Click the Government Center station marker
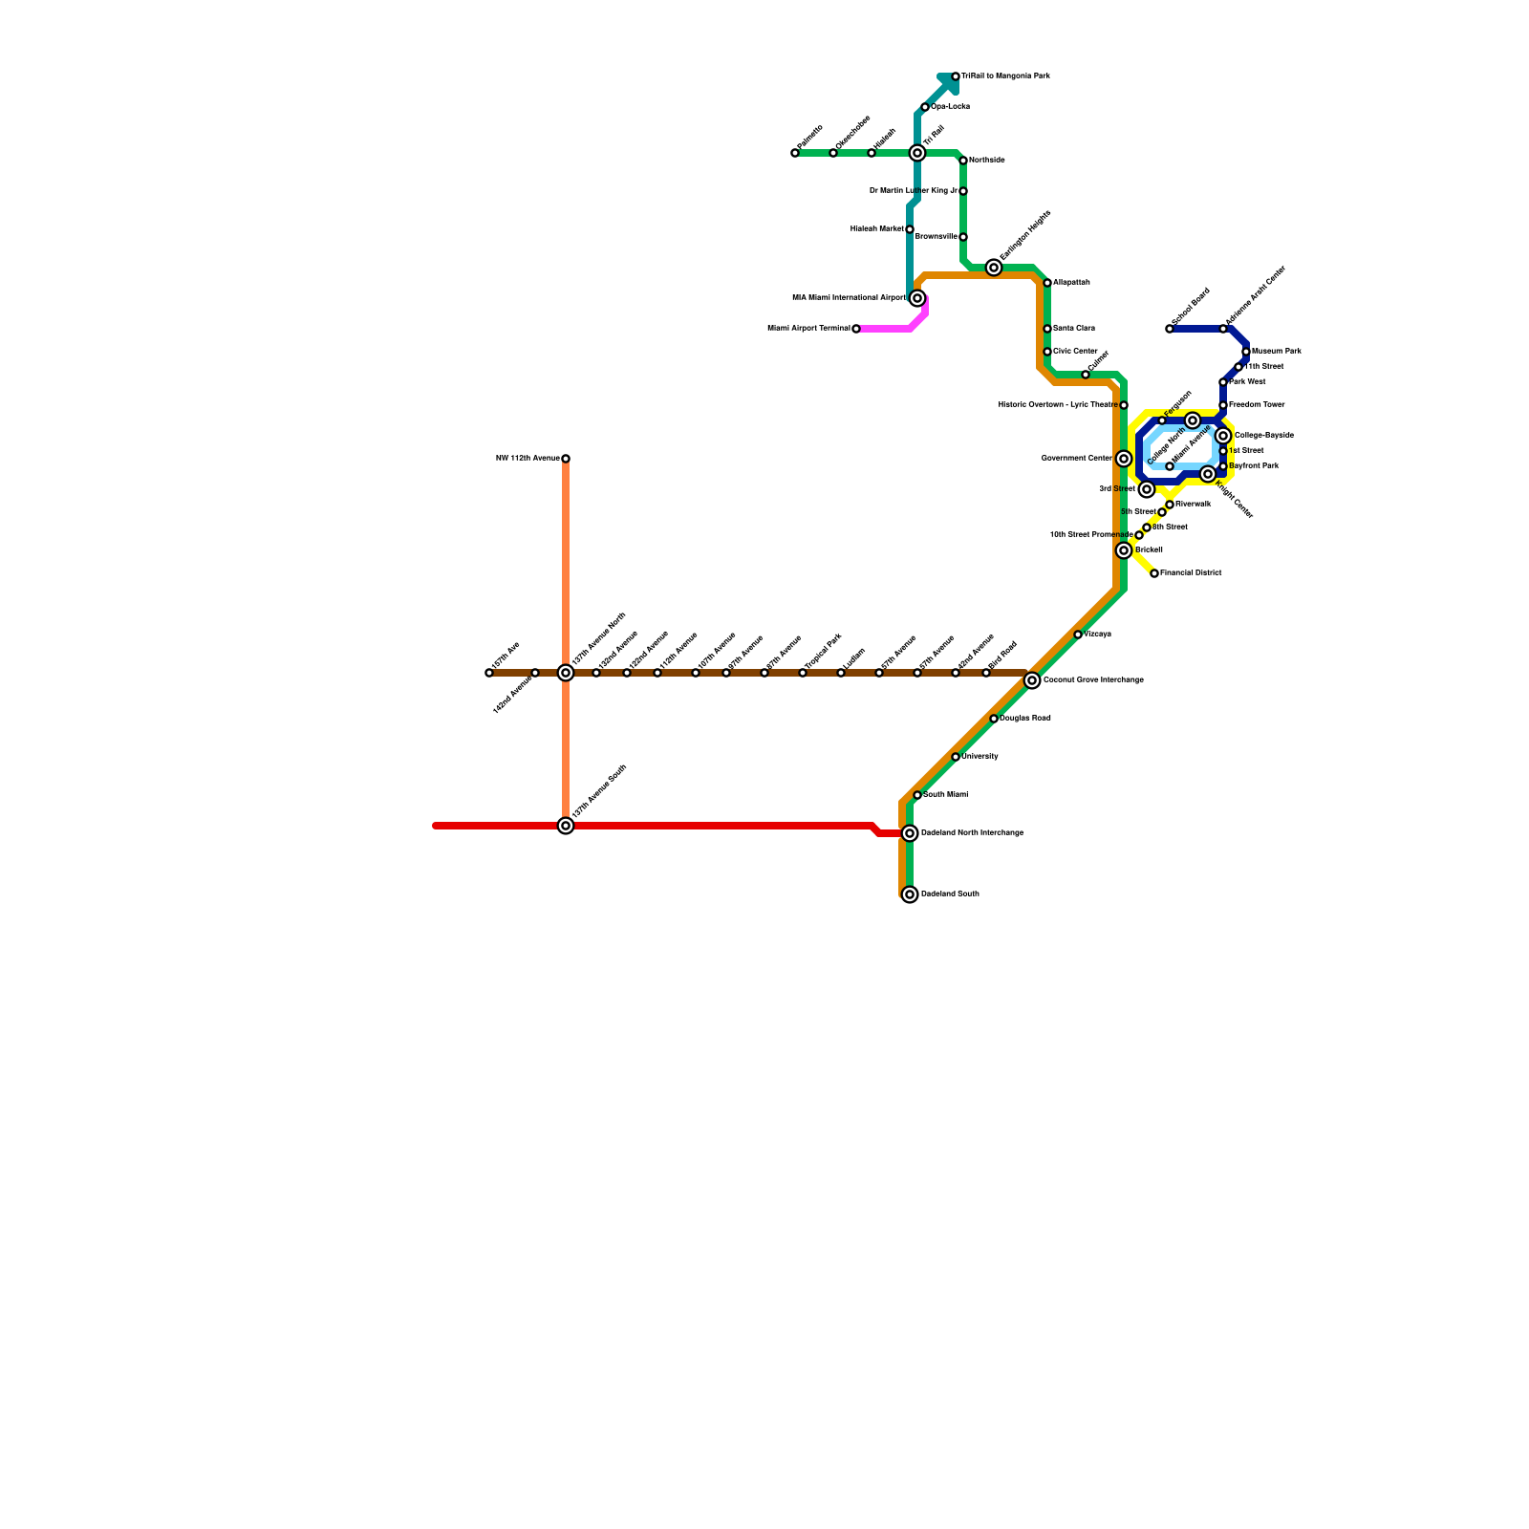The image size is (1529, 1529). pyautogui.click(x=1124, y=459)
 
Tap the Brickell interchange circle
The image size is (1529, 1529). pyautogui.click(x=1124, y=550)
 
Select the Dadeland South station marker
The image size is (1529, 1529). pyautogui.click(x=910, y=894)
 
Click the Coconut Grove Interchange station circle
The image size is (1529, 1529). pyautogui.click(x=1032, y=680)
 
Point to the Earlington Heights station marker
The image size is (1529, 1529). pyautogui.click(x=994, y=268)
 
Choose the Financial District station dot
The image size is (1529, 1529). pyautogui.click(x=1154, y=573)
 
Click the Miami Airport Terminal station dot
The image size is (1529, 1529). pyautogui.click(x=856, y=329)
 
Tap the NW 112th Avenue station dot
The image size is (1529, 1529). pyautogui.click(x=566, y=459)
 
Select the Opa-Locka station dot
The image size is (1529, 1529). pyautogui.click(x=925, y=107)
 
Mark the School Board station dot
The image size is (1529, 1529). pyautogui.click(x=1170, y=329)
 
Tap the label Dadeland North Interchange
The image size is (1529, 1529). pyautogui.click(x=972, y=833)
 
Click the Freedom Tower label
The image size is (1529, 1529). pyautogui.click(x=1257, y=405)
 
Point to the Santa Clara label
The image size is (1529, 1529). pyautogui.click(x=1073, y=329)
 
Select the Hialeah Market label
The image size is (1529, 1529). pyautogui.click(x=876, y=229)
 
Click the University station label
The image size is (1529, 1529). pyautogui.click(x=980, y=757)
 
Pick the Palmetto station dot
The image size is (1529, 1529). pyautogui.click(x=795, y=153)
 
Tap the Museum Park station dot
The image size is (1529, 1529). pyautogui.click(x=1246, y=352)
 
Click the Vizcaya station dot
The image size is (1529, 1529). pyautogui.click(x=1078, y=635)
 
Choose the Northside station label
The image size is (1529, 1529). pyautogui.click(x=986, y=161)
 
